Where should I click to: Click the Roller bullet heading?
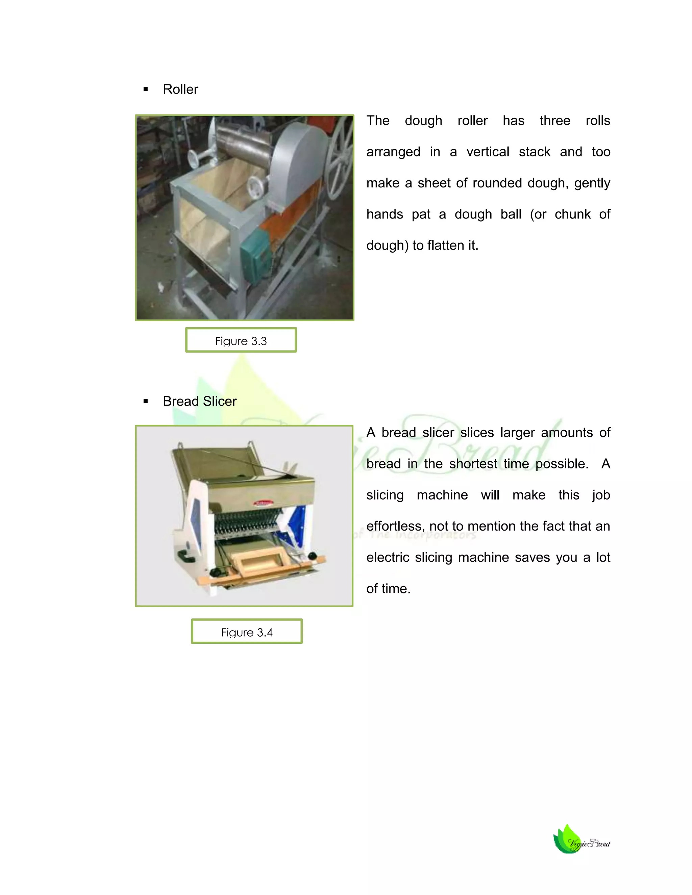(180, 89)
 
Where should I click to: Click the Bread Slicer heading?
(200, 401)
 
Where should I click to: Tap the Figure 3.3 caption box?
(241, 340)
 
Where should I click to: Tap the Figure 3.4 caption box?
(247, 632)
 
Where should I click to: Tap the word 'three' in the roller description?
(555, 121)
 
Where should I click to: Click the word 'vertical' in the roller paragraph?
(488, 152)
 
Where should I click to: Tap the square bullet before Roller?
(146, 89)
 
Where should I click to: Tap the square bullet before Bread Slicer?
(146, 401)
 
